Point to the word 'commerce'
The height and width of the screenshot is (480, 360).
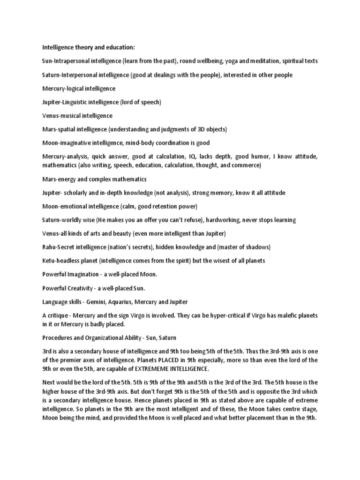[x=245, y=165]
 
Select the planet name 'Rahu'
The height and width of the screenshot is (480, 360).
[x=50, y=247]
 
